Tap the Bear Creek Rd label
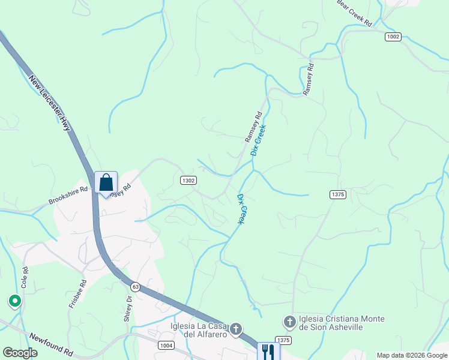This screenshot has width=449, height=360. pyautogui.click(x=355, y=14)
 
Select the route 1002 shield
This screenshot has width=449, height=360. pyautogui.click(x=393, y=37)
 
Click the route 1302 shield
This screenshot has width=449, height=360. pyautogui.click(x=188, y=180)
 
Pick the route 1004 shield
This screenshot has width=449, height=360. pyautogui.click(x=167, y=346)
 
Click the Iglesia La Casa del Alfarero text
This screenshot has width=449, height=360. pyautogui.click(x=198, y=330)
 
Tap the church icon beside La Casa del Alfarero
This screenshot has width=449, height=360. pyautogui.click(x=237, y=328)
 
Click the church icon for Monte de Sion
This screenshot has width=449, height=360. pyautogui.click(x=289, y=322)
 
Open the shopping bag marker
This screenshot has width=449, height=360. pyautogui.click(x=106, y=183)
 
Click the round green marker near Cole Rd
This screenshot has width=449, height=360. pyautogui.click(x=14, y=301)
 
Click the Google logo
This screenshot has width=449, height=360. pyautogui.click(x=20, y=353)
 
